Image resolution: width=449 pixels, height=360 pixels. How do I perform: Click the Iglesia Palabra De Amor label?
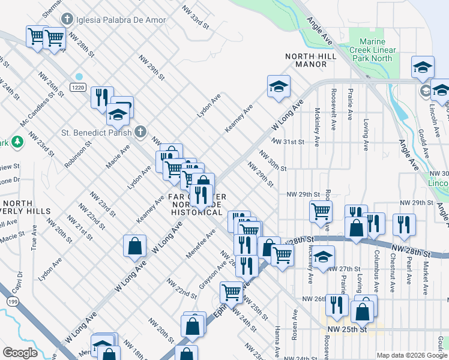[112, 19]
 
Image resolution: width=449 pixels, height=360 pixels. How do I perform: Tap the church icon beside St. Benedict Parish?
[140, 131]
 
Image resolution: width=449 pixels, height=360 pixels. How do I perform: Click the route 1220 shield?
[76, 87]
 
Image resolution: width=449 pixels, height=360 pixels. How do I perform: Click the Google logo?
[20, 353]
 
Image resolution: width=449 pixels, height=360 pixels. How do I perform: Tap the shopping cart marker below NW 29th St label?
[321, 211]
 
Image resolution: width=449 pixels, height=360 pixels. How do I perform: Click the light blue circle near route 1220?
[79, 77]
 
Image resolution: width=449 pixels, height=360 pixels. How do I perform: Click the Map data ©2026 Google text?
[412, 355]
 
